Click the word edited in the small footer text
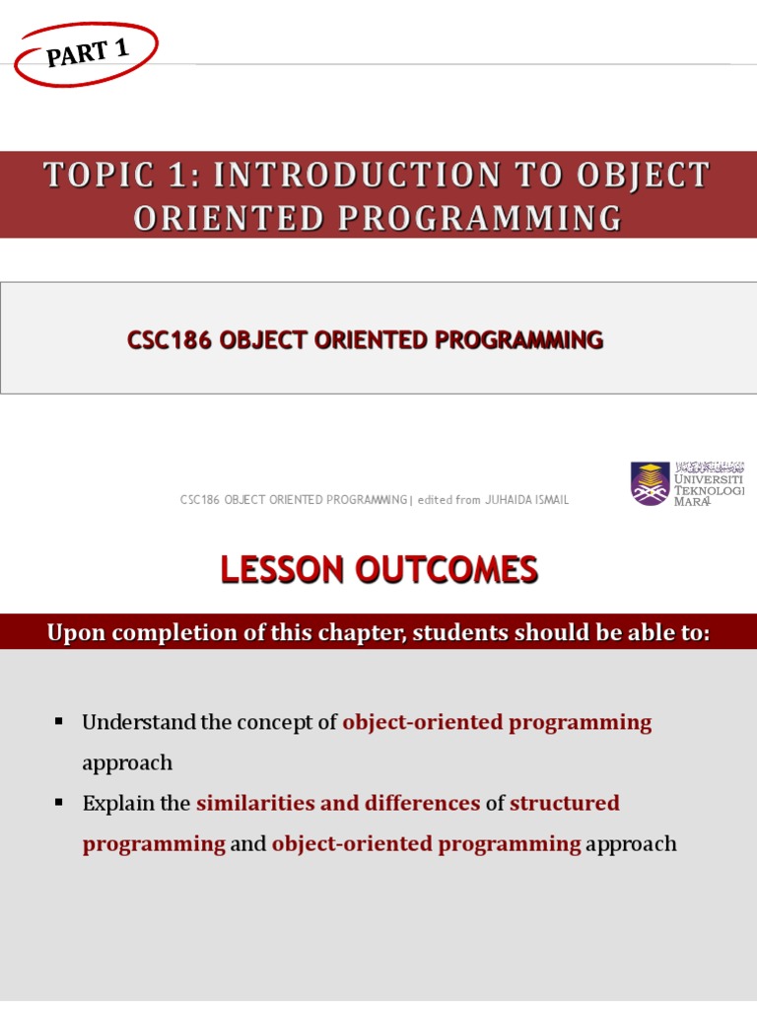click(x=435, y=500)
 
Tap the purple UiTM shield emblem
click(x=650, y=483)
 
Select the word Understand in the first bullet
click(x=138, y=723)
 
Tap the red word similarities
click(x=256, y=804)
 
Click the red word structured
click(x=565, y=804)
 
